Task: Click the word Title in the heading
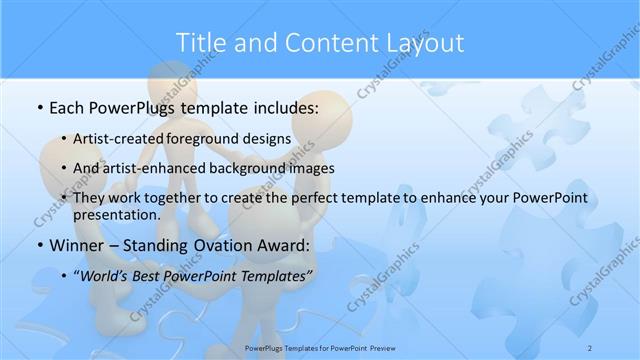click(x=202, y=43)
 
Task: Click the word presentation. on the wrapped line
click(x=117, y=214)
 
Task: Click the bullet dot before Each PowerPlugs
click(x=38, y=107)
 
